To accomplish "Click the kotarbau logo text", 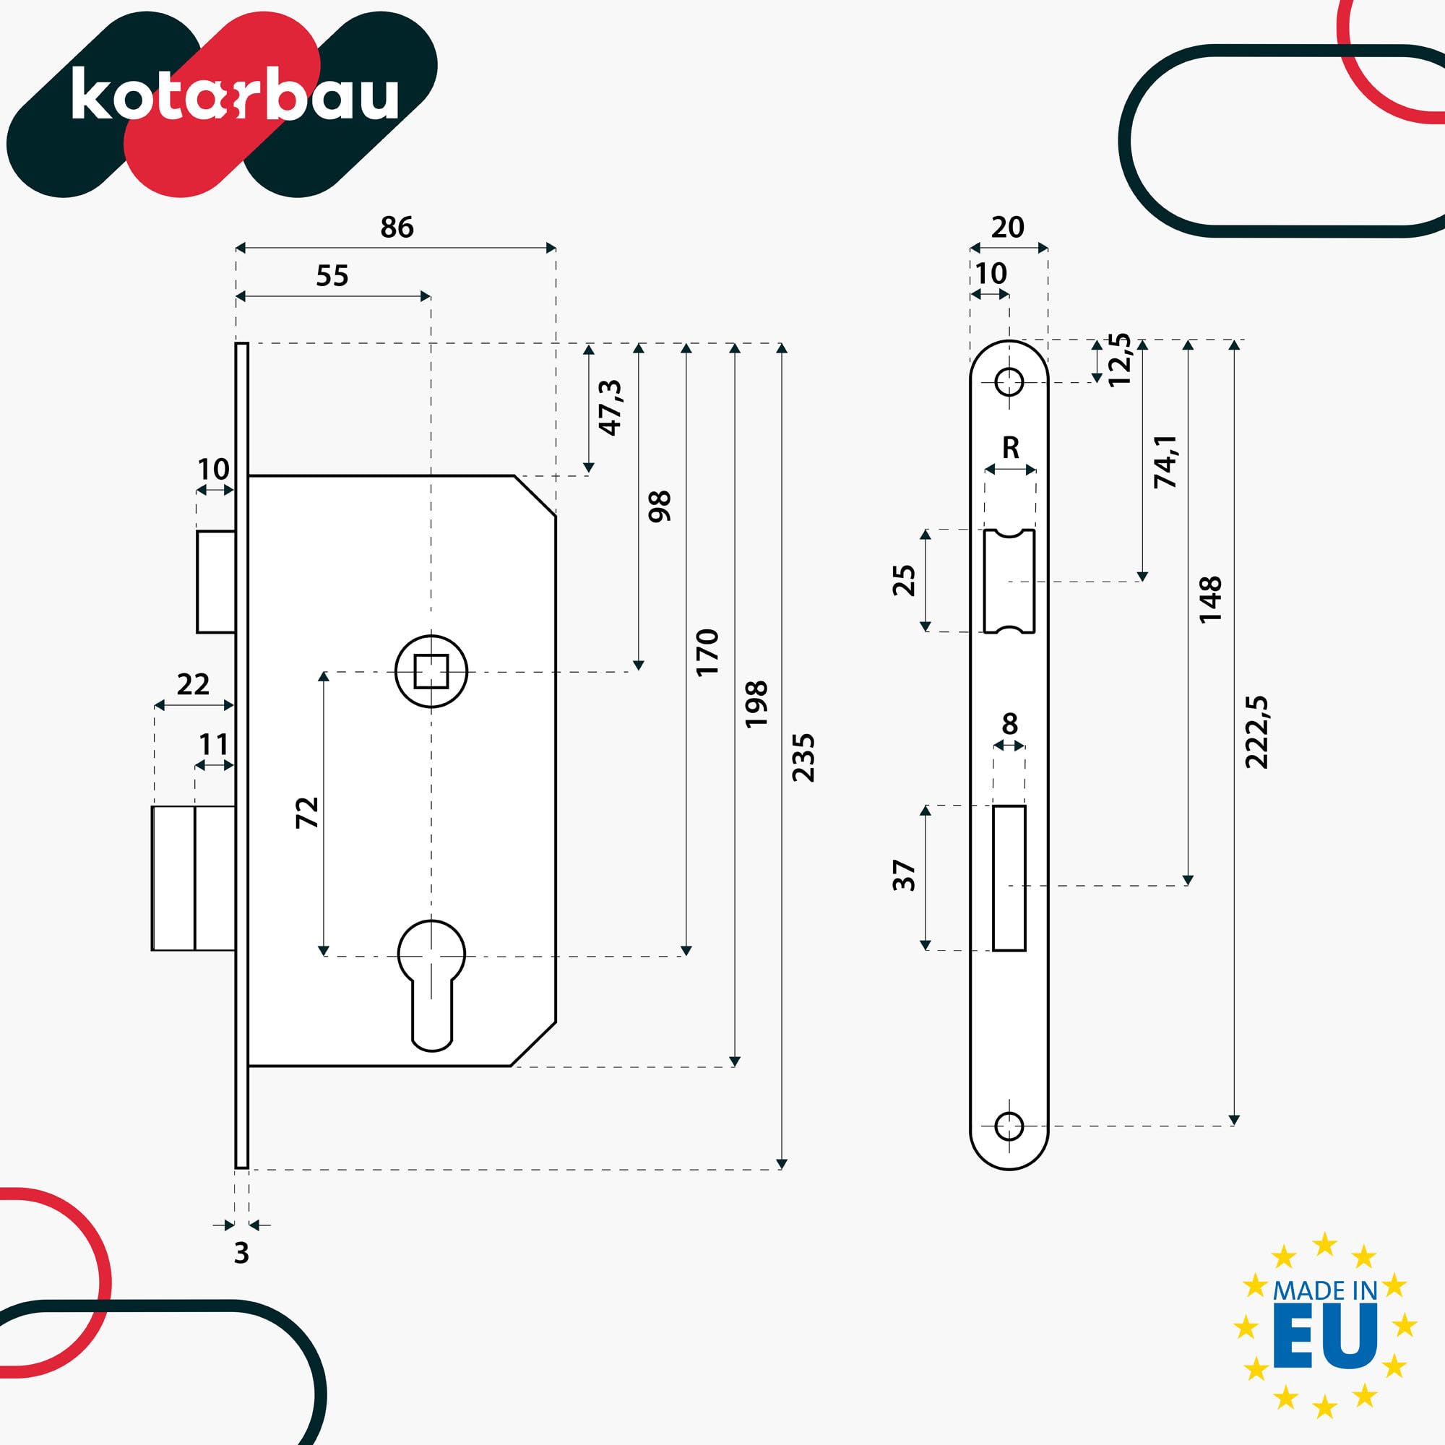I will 234,95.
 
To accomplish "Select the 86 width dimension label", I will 397,228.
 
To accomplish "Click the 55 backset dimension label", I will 332,276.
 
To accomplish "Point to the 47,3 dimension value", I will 611,407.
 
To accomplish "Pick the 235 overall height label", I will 803,759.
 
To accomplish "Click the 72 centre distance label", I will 307,812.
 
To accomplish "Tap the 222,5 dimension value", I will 1256,732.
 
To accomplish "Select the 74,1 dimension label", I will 1166,462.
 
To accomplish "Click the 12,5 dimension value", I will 1120,360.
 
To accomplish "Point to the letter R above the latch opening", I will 1011,448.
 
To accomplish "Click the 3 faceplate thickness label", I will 241,1253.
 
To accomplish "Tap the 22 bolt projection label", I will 193,684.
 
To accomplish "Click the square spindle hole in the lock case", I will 431,671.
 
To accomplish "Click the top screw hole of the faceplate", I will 1009,382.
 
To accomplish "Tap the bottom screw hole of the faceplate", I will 1009,1126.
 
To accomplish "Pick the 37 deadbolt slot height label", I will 905,875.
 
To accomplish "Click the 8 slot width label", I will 1010,723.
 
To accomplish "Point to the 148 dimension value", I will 1209,599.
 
